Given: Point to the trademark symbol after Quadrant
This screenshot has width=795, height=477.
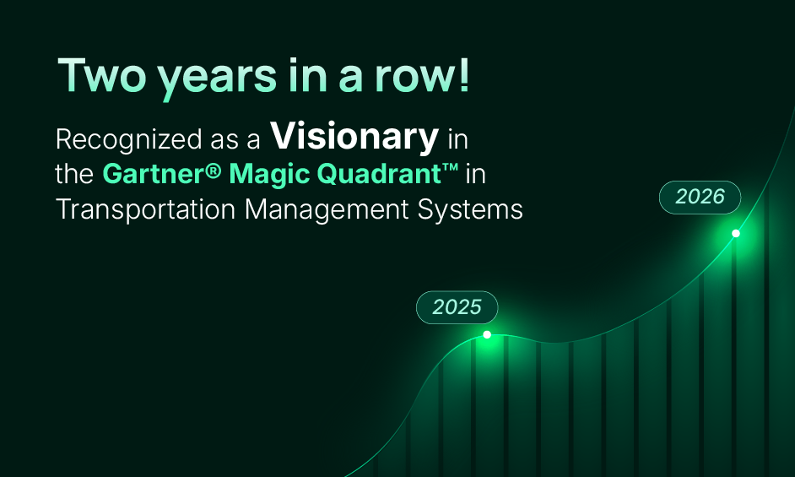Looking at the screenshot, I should [x=450, y=169].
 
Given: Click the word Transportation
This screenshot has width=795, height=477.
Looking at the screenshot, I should [x=146, y=209].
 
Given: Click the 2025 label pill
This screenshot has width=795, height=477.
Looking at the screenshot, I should [x=457, y=306].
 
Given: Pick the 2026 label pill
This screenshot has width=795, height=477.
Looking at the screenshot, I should [x=700, y=197].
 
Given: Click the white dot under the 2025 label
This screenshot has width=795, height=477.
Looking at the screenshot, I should [x=487, y=335].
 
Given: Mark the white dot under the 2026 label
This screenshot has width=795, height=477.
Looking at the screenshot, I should [x=736, y=233].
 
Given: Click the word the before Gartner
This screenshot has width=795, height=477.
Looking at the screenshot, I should [x=75, y=174].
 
